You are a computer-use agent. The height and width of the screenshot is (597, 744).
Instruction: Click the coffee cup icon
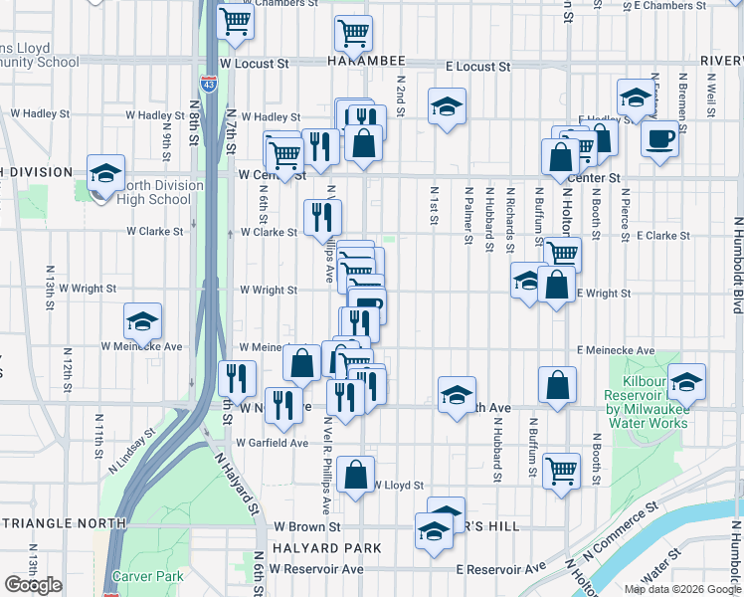pos(659,139)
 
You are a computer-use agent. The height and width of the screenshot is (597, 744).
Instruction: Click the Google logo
pos(33,585)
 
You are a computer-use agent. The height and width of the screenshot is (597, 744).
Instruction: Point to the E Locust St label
pos(477,67)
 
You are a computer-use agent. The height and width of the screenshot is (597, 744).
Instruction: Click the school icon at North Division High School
pos(105,173)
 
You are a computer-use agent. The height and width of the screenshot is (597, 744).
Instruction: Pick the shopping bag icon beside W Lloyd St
pos(355,476)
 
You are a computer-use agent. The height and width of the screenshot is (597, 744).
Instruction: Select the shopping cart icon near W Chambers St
pos(236,20)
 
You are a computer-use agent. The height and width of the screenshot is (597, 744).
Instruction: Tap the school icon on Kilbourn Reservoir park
pos(686,382)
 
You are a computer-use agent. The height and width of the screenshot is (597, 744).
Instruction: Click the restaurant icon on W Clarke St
pos(322,215)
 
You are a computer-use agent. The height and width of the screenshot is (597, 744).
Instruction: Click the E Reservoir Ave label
pos(500,568)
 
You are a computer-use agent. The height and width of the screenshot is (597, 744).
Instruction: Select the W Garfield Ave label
pos(272,442)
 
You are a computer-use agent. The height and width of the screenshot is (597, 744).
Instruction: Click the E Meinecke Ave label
pos(616,351)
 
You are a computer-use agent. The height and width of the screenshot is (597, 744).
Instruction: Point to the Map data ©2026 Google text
pos(681,589)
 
